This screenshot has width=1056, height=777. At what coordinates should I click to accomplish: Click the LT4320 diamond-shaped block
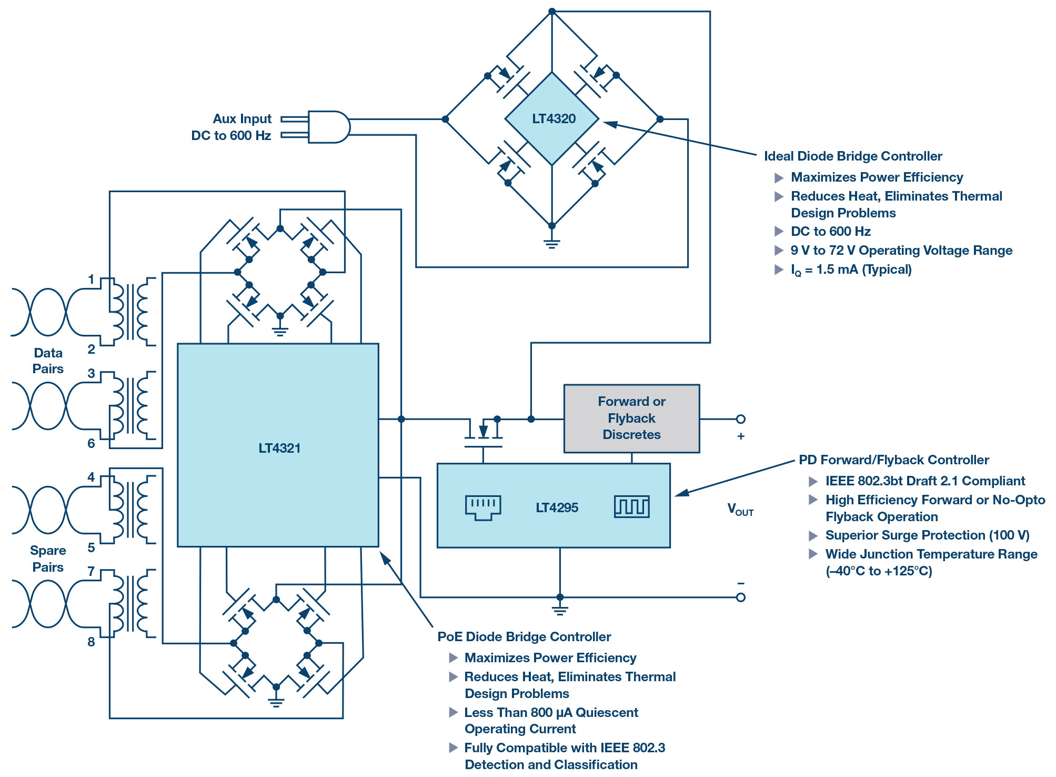click(552, 119)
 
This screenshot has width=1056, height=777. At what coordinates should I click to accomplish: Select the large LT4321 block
click(278, 445)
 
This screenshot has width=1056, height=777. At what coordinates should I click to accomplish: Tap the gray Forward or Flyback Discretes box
click(631, 419)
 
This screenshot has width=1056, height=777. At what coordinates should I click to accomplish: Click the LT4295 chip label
click(557, 508)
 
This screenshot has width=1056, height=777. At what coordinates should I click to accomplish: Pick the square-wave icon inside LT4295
click(631, 506)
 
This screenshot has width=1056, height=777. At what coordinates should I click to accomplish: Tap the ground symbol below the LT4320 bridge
click(551, 243)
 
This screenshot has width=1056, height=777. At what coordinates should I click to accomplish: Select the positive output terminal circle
click(741, 419)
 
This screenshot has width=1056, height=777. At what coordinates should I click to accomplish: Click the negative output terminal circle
click(741, 597)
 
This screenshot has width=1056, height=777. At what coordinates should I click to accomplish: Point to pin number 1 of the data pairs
click(91, 279)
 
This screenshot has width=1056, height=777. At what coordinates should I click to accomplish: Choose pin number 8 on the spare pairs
click(91, 642)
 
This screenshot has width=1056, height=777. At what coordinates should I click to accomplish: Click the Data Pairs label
click(48, 361)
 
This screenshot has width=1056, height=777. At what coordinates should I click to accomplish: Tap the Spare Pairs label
click(48, 559)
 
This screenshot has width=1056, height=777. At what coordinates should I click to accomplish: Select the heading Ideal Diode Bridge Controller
click(853, 156)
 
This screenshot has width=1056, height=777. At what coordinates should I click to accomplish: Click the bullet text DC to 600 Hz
click(831, 232)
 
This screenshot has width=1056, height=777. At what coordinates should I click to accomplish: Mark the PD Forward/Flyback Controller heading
click(894, 460)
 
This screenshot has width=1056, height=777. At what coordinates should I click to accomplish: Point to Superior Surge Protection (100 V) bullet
click(927, 535)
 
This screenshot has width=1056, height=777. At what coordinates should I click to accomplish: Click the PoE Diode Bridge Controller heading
click(524, 637)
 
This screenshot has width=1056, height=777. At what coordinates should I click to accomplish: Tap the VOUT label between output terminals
click(740, 509)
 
